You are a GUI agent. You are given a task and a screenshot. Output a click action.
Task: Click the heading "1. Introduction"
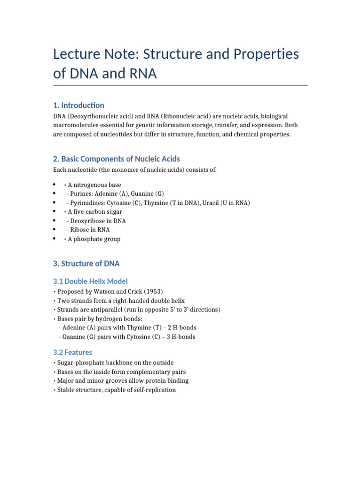pos(78,105)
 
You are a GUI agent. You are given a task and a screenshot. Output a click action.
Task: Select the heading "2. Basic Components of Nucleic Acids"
pos(117,159)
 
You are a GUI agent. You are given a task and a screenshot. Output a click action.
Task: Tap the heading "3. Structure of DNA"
pos(86,263)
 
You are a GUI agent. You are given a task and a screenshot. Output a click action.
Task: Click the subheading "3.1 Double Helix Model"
pos(90,281)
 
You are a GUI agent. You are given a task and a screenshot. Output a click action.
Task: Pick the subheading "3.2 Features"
pos(72,352)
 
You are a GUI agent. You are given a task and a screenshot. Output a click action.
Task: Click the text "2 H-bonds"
pos(181,327)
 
